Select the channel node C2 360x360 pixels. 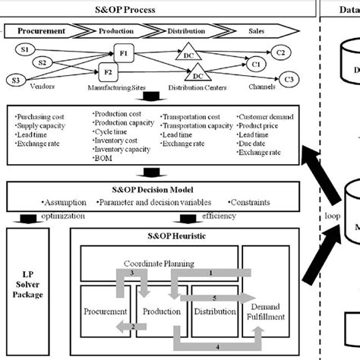(280, 52)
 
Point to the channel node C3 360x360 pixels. (287, 80)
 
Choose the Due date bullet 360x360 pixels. (256, 144)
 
